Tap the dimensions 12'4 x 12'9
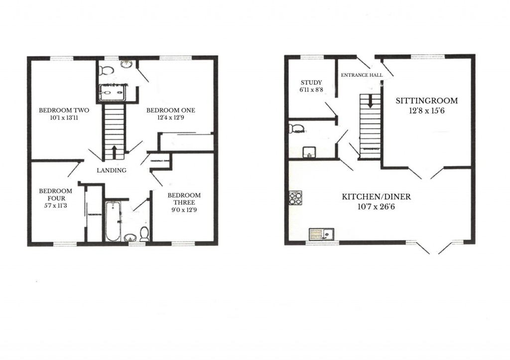[170, 118]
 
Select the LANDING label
[112, 170]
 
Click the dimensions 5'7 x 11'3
[55, 206]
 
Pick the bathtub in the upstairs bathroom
[113, 221]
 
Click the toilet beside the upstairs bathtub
[144, 234]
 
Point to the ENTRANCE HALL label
[361, 75]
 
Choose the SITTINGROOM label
[426, 101]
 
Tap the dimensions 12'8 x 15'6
[426, 111]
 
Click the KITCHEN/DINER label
[376, 197]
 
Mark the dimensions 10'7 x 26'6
[376, 206]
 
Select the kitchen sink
[321, 234]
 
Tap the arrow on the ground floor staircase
[370, 102]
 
